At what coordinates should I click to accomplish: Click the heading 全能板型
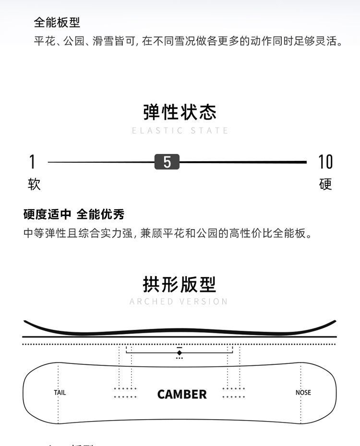coord(57,22)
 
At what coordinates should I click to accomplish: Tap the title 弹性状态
coord(180,112)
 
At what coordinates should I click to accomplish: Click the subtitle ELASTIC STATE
coord(180,131)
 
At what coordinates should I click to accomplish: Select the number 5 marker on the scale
coord(167,162)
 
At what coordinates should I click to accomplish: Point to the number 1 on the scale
coord(32,162)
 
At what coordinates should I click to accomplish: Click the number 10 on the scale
coord(325,162)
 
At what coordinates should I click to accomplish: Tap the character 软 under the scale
coord(34,184)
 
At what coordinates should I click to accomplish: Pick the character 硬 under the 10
coord(325,184)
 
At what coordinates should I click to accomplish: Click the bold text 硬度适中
coord(47,214)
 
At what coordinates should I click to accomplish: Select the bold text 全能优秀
coord(100,214)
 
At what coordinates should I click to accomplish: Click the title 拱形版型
coord(180,284)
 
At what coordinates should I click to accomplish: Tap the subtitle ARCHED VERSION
coord(179,301)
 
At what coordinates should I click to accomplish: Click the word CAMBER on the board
coord(182,395)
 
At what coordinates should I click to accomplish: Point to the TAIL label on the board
coord(60,393)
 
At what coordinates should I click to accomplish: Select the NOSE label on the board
coord(303,393)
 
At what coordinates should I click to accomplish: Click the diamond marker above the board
coord(180,353)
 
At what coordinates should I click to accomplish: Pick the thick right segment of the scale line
coord(242,162)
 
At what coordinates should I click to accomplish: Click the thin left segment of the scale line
coord(101,162)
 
